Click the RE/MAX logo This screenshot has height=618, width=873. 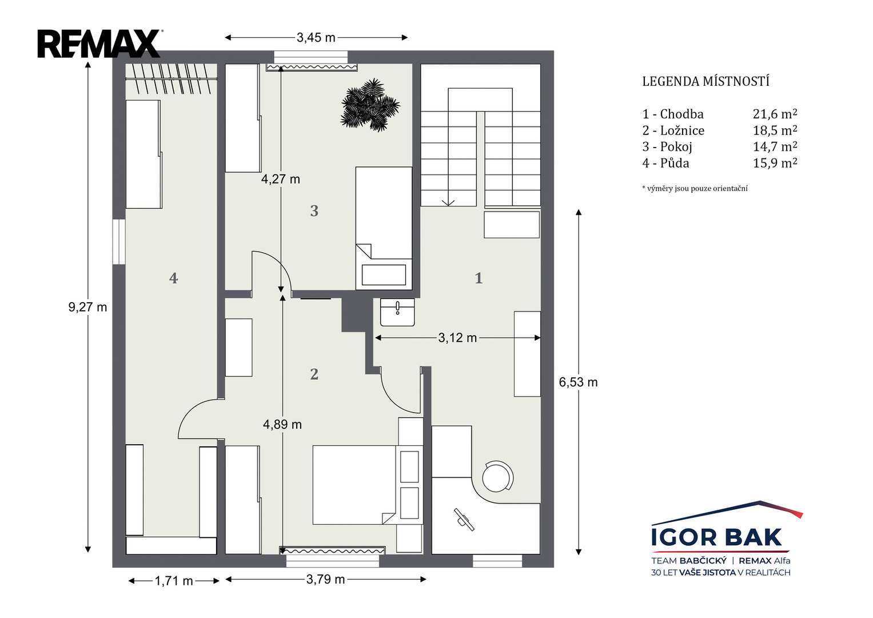100,43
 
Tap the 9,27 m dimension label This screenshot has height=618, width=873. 87,307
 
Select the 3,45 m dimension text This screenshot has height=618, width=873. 316,37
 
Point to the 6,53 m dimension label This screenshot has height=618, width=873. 579,382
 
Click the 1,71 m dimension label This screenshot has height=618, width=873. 174,581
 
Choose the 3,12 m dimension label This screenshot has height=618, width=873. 457,338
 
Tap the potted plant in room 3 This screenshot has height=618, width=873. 370,105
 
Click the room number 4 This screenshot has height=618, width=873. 173,278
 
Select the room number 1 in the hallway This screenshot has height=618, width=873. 479,278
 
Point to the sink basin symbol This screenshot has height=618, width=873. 397,312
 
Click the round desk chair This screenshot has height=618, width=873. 497,477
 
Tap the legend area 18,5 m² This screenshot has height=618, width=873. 775,130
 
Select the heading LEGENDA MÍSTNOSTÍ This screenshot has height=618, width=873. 706,81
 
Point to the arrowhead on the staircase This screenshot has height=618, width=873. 448,203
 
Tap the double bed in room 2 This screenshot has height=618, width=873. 354,485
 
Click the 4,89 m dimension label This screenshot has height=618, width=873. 282,425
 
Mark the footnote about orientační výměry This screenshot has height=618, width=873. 695,188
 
